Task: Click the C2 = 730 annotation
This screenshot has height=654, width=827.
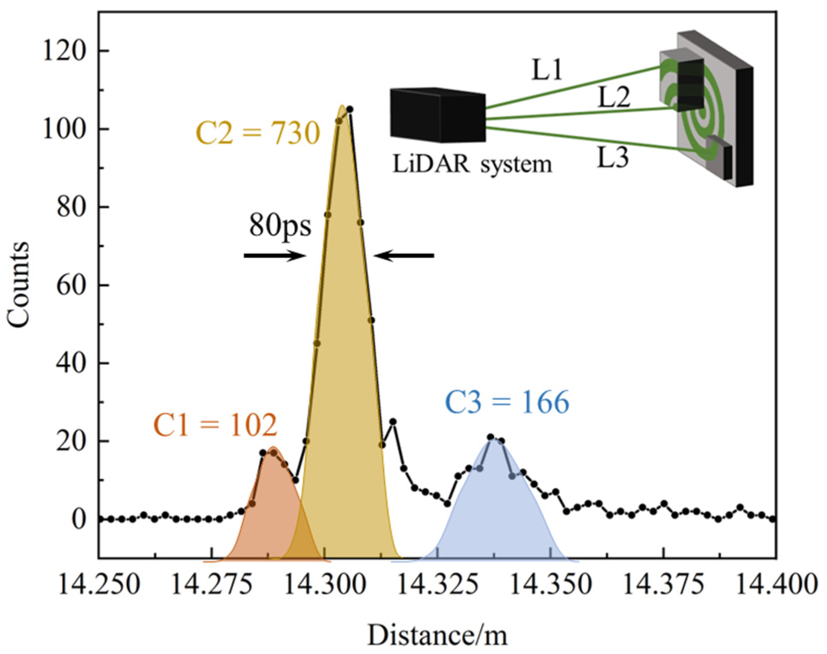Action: point(258,133)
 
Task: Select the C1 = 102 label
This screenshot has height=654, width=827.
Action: point(215,425)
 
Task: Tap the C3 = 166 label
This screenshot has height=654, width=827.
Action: point(507,402)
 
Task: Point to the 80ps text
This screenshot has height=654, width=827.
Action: point(280,225)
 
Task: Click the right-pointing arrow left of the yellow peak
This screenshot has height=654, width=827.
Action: point(275,256)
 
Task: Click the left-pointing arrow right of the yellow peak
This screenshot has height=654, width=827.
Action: point(404,256)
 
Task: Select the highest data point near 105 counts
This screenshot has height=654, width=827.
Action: point(349,109)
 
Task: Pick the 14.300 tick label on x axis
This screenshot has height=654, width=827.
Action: point(325,584)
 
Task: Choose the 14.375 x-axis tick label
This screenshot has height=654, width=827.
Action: point(664,584)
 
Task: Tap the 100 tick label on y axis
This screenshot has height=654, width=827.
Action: point(64,129)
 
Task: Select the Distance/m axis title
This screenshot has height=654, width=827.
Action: point(437,635)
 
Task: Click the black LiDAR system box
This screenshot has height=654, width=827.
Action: point(437,115)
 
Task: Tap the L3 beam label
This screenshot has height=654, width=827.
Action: point(612,158)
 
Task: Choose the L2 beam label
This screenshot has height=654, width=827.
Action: point(614,97)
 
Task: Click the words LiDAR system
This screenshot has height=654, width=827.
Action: point(472,164)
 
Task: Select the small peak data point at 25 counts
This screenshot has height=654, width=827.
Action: point(393,422)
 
